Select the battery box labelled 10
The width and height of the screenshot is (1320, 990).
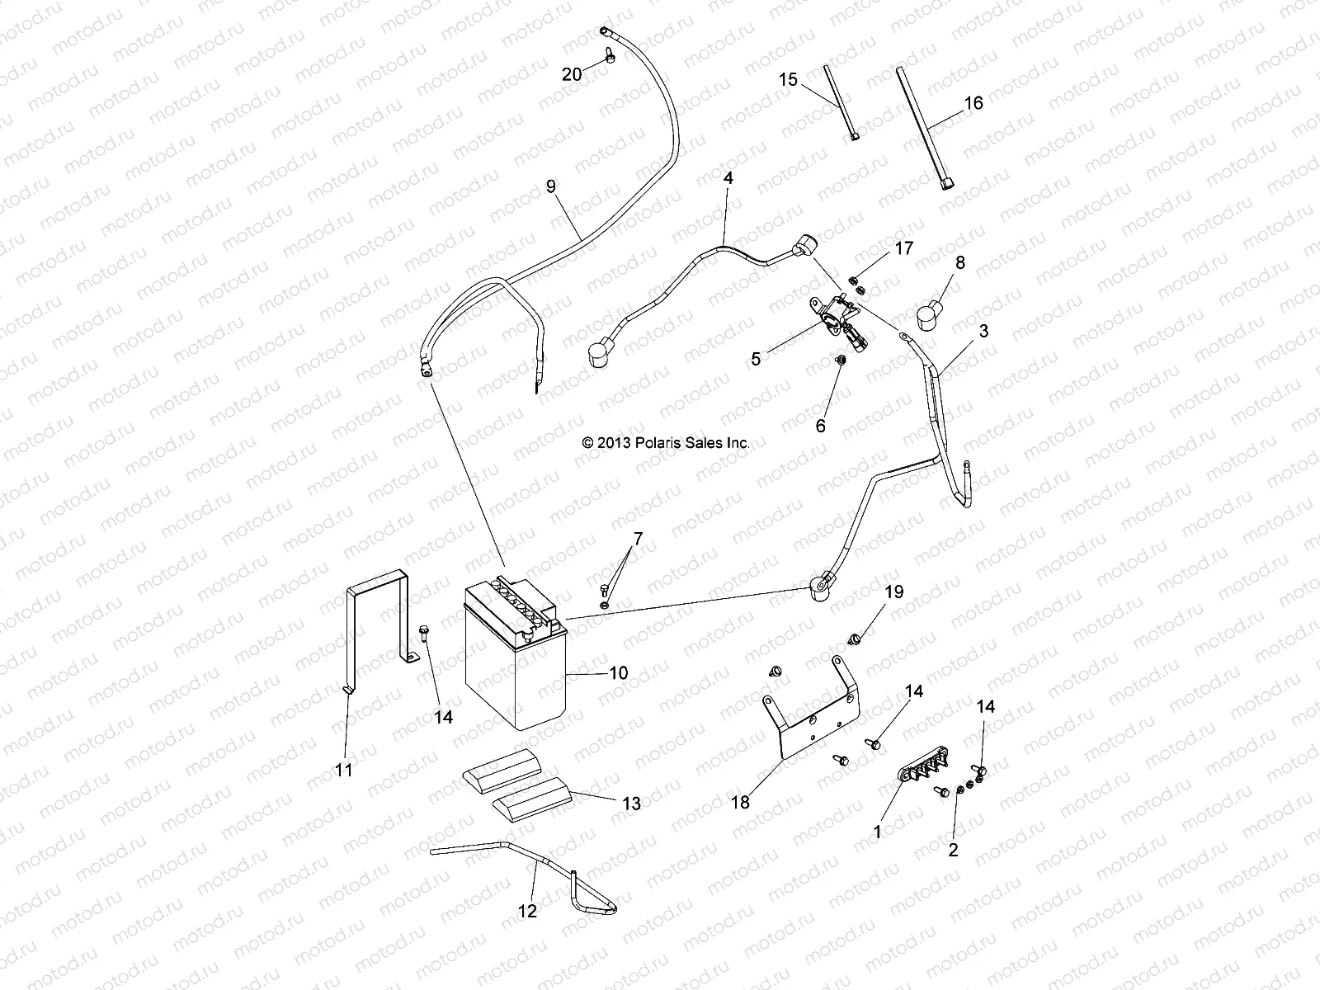coord(516,660)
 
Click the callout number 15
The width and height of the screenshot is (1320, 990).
coord(788,80)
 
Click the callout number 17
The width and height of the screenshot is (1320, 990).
coord(904,248)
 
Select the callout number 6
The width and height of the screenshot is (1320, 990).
coord(820,426)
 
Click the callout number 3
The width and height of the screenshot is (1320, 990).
coord(959,332)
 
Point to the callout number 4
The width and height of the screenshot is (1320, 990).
coord(728,177)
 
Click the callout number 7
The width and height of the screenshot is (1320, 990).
coord(637,540)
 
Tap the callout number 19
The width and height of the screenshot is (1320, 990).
coord(894,592)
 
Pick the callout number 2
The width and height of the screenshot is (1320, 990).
coord(953,850)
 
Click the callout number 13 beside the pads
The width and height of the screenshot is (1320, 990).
coord(631,804)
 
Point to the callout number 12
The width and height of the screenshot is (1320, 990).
coord(527,911)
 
